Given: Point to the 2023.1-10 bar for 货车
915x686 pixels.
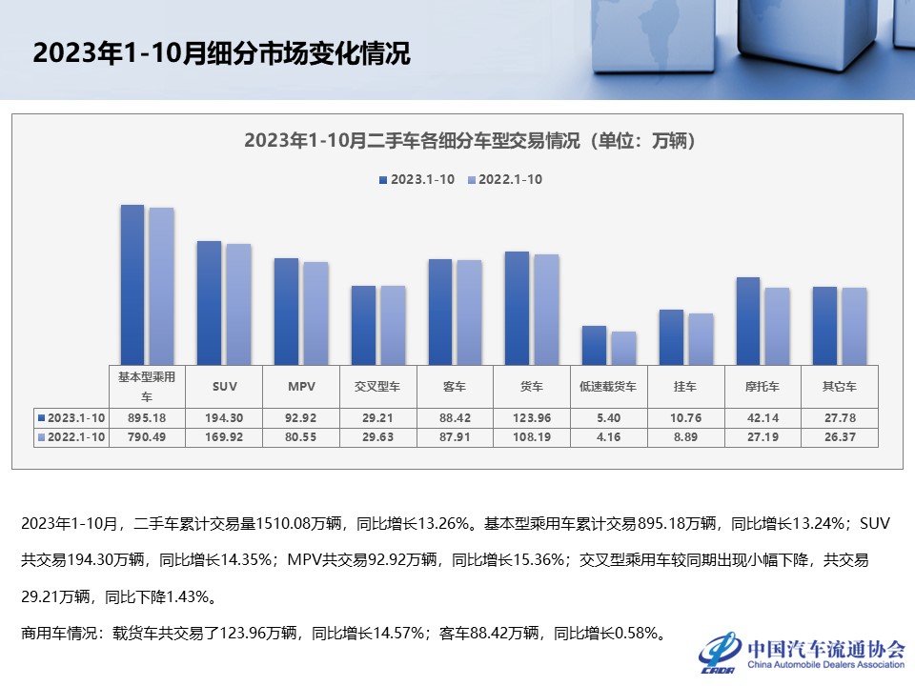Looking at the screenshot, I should pos(517,307).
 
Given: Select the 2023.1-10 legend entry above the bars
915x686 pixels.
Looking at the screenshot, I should pos(417,179).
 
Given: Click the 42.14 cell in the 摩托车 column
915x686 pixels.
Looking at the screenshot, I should pos(762,417).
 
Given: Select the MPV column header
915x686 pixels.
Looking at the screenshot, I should pos(301,387).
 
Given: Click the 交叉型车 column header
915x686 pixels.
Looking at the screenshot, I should pos(377,387).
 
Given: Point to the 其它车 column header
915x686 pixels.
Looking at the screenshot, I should pos(839,387).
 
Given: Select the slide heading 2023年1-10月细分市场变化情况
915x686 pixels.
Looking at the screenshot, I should pos(221,53).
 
